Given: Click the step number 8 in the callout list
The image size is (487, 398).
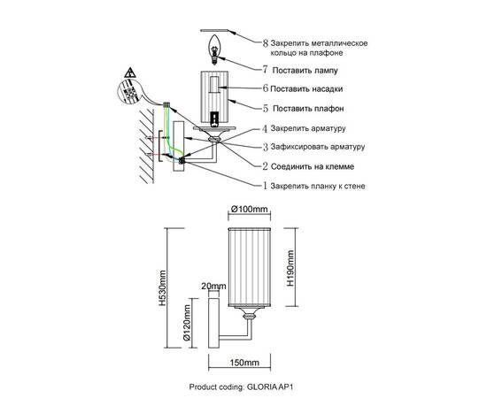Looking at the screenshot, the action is (x=265, y=43).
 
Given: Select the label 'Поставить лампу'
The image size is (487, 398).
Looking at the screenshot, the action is (x=305, y=71).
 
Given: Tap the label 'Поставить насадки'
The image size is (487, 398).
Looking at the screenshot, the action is (x=306, y=89).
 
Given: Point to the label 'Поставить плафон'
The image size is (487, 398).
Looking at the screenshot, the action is (x=308, y=109).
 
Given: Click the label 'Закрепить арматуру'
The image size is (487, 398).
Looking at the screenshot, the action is (x=308, y=128).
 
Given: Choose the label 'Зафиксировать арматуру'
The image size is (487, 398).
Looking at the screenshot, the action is (x=318, y=147).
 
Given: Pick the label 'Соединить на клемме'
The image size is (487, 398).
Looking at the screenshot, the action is (x=313, y=166).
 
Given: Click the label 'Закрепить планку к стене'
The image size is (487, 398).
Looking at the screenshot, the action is (x=318, y=186).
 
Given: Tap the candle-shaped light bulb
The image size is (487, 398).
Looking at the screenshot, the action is (x=214, y=49).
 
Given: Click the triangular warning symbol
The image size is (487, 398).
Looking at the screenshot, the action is (x=129, y=73).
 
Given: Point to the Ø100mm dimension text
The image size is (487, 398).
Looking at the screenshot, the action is (x=249, y=210).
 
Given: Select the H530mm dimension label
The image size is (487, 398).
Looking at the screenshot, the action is (x=162, y=288).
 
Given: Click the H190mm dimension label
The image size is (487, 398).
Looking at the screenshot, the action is (x=290, y=268).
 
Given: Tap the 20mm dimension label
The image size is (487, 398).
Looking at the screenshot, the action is (x=213, y=286).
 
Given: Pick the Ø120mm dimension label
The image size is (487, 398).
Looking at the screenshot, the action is (x=186, y=323).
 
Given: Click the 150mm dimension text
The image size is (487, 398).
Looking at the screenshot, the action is (x=244, y=363).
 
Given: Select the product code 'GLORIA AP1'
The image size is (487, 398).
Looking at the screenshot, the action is (x=270, y=387).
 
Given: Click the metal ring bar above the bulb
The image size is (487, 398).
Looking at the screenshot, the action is (x=214, y=31).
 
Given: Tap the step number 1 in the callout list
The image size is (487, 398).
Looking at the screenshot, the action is (x=265, y=186).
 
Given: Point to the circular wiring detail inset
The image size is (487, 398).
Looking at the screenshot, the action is (x=130, y=92).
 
